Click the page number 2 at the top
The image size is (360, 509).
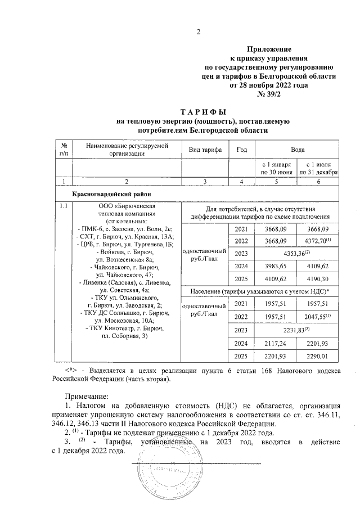(x=198, y=31)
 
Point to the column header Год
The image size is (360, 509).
(x=242, y=150)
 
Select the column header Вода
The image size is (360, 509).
(x=298, y=150)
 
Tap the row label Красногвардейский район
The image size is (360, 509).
(x=106, y=194)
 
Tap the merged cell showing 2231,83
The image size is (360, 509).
(x=298, y=330)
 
